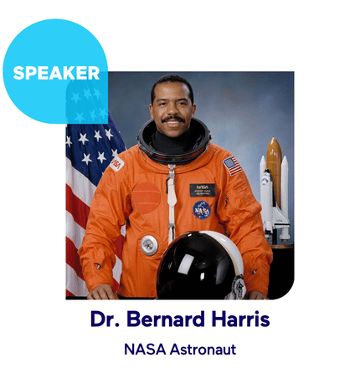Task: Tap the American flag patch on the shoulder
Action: pos(232,166)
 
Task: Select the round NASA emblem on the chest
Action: pos(202,209)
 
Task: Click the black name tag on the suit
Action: pos(203,189)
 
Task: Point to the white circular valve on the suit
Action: pos(148,244)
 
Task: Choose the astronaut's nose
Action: pos(173,110)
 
